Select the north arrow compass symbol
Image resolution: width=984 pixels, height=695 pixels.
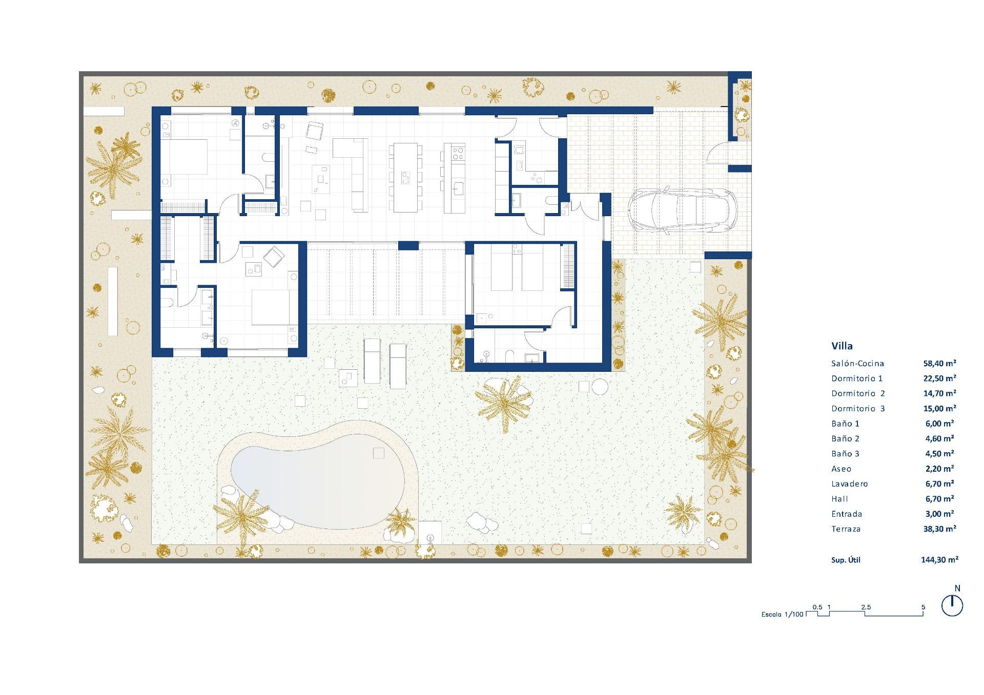tap(952, 606)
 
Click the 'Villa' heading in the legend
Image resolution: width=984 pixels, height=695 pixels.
tap(842, 346)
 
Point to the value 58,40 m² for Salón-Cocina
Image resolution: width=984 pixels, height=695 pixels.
tap(939, 363)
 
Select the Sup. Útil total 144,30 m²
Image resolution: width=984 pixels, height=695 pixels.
tap(939, 560)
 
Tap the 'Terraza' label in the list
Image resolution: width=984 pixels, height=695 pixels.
tap(846, 529)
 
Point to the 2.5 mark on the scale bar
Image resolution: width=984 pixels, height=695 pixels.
tap(866, 607)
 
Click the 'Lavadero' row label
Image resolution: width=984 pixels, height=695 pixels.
tap(849, 484)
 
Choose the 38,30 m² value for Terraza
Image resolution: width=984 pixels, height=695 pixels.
tap(939, 529)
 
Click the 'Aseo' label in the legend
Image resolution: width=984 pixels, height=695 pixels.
tap(841, 469)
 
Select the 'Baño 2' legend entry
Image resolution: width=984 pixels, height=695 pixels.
tap(845, 438)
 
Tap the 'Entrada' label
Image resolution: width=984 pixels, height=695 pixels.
tap(847, 514)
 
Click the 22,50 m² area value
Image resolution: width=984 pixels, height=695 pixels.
tap(939, 378)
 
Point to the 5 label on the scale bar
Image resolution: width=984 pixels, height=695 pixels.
tap(923, 607)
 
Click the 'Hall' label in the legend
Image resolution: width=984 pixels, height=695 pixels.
tap(839, 499)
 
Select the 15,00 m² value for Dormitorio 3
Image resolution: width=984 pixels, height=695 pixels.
tap(939, 408)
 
